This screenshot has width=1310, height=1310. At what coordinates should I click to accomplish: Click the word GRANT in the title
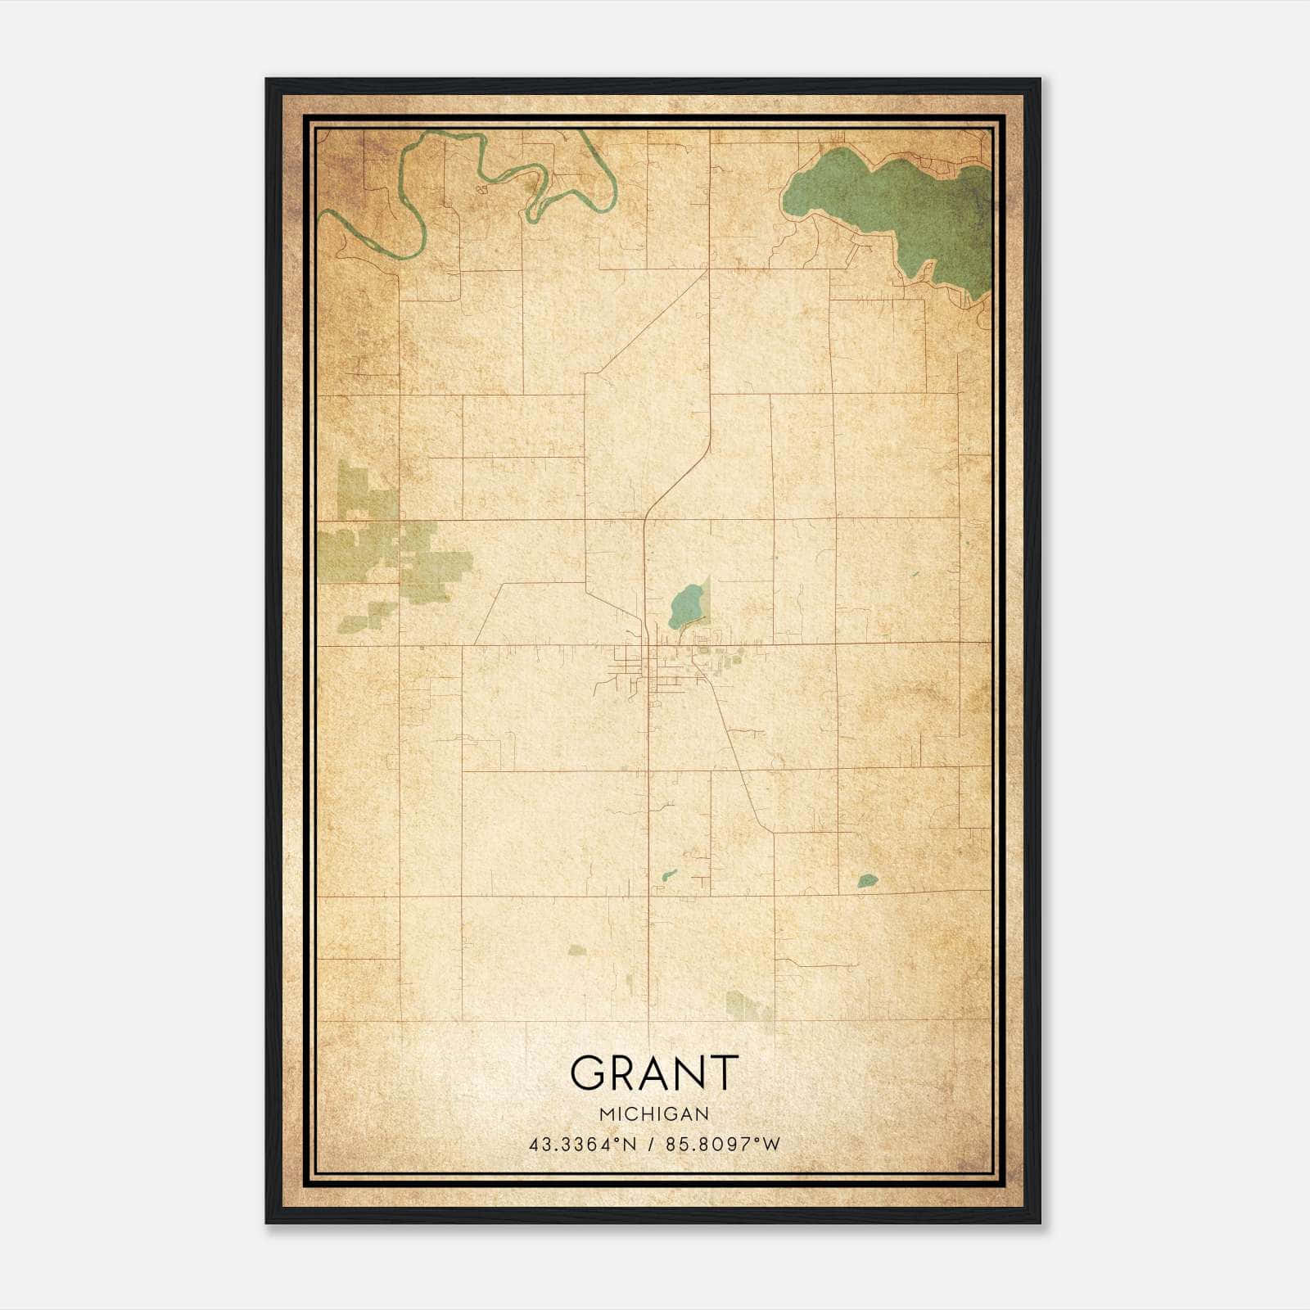tap(653, 1073)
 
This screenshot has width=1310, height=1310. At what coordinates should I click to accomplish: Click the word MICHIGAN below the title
tap(653, 1114)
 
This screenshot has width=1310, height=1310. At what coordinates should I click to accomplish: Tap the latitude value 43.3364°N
tap(583, 1145)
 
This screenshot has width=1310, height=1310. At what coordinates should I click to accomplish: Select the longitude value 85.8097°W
tap(723, 1145)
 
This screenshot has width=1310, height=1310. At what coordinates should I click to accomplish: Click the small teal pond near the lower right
tap(867, 881)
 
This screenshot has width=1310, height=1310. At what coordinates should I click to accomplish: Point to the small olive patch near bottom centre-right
tap(747, 1005)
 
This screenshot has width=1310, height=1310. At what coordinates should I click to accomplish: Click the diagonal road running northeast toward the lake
tap(647, 323)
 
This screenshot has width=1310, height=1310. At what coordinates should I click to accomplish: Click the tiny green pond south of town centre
tap(670, 874)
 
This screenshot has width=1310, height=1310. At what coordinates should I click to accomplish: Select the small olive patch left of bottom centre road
tap(578, 950)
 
